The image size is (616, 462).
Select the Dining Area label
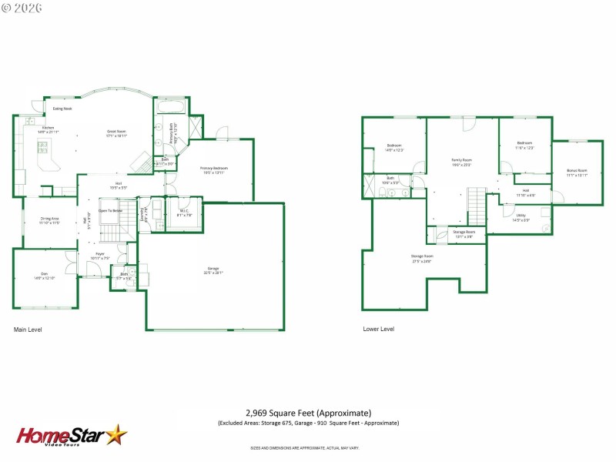coord(50,219)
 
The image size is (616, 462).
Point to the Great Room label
coord(116,132)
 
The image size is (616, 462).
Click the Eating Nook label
coord(63,109)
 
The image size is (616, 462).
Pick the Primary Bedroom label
coord(214,169)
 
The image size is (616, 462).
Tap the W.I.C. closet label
coord(184,212)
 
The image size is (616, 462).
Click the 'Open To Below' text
coord(110,210)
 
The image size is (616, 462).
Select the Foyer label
coord(100,255)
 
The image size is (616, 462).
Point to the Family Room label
coord(461,161)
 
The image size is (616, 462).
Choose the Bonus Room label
coord(577,172)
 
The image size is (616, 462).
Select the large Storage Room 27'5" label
coord(421,258)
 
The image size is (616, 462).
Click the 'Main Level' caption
coord(28,329)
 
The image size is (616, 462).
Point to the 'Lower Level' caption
coord(379,329)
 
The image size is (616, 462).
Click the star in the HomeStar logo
coord(116,435)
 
